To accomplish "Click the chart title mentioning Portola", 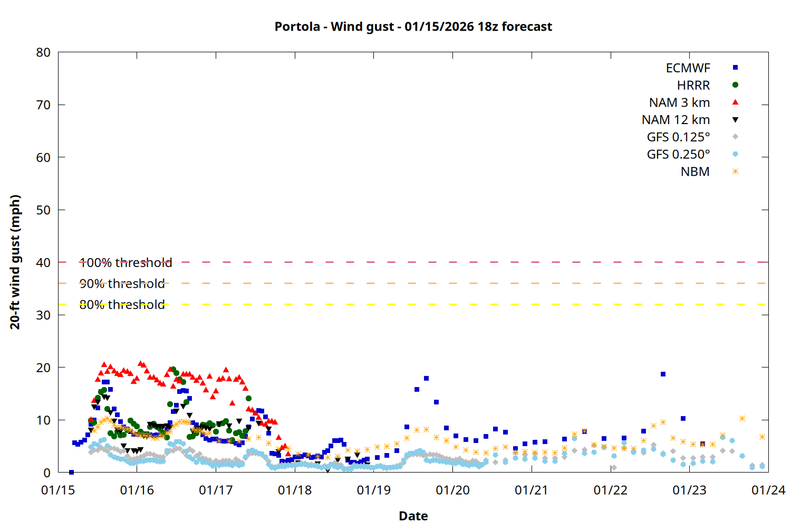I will point(413,26).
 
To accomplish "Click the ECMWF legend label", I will point(688,68).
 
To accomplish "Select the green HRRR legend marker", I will point(735,85).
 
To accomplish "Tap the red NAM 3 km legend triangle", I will point(735,102).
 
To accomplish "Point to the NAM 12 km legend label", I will point(676,120).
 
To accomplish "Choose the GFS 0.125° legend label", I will point(678,137).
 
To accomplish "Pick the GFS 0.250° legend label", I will point(678,155).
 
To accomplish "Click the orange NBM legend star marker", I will point(735,172).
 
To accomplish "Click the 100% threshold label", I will point(126,262).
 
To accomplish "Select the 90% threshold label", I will point(122,284).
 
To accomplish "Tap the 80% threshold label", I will point(122,305).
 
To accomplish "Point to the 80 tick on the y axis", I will point(43,52).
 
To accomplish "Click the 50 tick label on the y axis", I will point(43,210).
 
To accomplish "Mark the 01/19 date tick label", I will point(373,490).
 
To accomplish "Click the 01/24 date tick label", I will point(768,490).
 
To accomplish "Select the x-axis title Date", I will point(413,516).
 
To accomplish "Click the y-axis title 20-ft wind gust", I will point(15,262).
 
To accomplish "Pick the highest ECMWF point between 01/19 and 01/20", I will point(426,379).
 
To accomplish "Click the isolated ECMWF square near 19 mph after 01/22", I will point(663,374).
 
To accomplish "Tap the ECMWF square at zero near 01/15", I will point(71,472).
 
